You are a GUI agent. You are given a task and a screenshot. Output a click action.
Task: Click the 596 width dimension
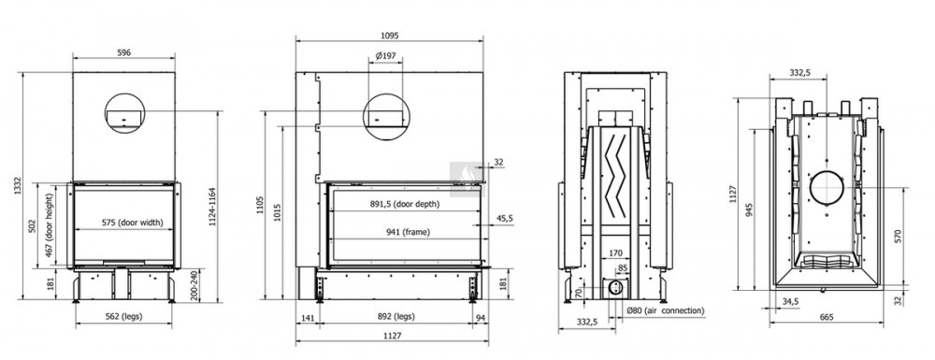[x=123, y=52]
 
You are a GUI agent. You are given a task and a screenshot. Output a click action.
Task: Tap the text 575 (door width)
[x=132, y=223]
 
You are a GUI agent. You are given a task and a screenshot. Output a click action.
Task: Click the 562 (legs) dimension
[x=123, y=316]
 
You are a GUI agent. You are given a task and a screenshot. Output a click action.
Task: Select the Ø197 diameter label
[x=386, y=56]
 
